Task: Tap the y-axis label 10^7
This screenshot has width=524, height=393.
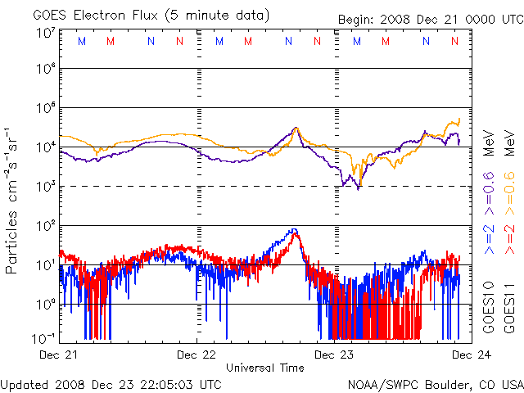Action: coord(45,33)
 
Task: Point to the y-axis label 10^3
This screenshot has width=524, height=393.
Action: coord(45,187)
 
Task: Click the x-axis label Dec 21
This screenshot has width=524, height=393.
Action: coord(59,355)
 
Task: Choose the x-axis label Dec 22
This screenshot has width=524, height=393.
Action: coord(196,355)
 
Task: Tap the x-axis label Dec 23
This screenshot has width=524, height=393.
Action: coord(334,355)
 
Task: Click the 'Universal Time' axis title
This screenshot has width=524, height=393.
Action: coord(265,368)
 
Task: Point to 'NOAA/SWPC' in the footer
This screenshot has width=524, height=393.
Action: coord(377,383)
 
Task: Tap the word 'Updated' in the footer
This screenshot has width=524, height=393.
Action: coord(25,383)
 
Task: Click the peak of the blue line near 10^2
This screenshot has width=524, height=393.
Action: coord(293,230)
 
